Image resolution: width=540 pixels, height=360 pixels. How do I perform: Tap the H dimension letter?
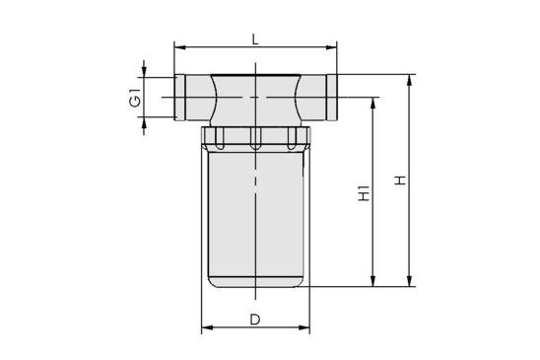(399, 180)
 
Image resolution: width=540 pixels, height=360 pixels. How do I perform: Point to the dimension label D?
(255, 319)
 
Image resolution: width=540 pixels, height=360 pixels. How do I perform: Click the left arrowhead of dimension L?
(179, 45)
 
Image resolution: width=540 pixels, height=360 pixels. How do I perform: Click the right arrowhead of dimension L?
(332, 45)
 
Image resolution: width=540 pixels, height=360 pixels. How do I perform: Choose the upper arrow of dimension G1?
(146, 71)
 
